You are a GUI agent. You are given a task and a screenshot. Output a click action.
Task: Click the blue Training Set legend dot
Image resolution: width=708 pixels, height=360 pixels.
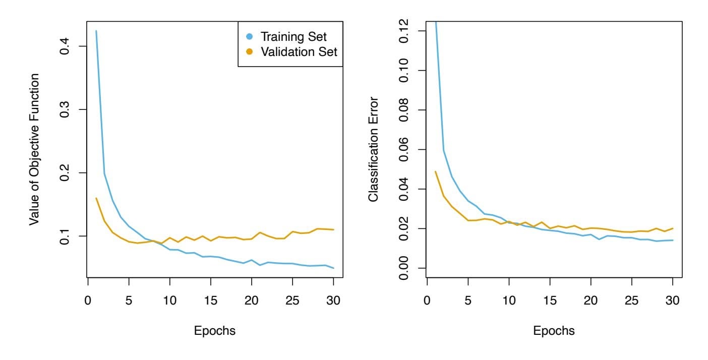coord(249,36)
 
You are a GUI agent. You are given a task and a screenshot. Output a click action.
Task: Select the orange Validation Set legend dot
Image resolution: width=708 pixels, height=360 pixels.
coord(249,51)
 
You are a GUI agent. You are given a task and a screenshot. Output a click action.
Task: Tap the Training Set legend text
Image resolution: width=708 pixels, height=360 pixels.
coord(293,36)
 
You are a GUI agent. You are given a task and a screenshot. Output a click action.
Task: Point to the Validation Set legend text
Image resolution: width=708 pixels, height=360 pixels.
coord(299,51)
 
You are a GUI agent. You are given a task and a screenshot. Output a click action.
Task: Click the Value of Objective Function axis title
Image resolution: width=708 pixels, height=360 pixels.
coord(34,149)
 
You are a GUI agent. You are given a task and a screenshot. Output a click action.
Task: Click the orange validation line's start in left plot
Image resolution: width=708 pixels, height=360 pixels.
coord(96,198)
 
